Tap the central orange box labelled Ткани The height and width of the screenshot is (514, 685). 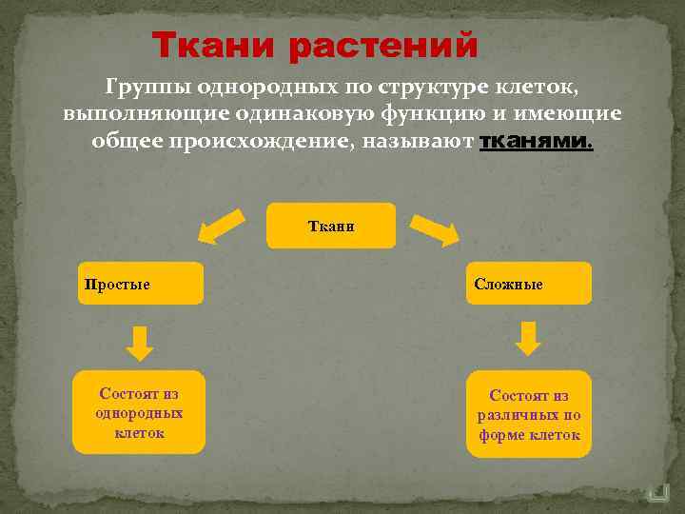(x=330, y=227)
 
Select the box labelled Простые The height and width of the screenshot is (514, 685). (x=141, y=284)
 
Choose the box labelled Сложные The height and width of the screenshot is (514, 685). (x=528, y=284)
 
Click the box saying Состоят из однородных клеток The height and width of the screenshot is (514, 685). (x=139, y=411)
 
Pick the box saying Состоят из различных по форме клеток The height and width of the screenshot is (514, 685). (x=528, y=414)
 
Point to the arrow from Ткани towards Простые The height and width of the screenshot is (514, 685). (x=221, y=227)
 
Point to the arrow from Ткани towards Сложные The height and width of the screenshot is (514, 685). (x=435, y=228)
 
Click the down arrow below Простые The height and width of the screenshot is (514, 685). (x=140, y=342)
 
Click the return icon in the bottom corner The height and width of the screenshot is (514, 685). (x=657, y=493)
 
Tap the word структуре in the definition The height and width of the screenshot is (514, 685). (x=433, y=89)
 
